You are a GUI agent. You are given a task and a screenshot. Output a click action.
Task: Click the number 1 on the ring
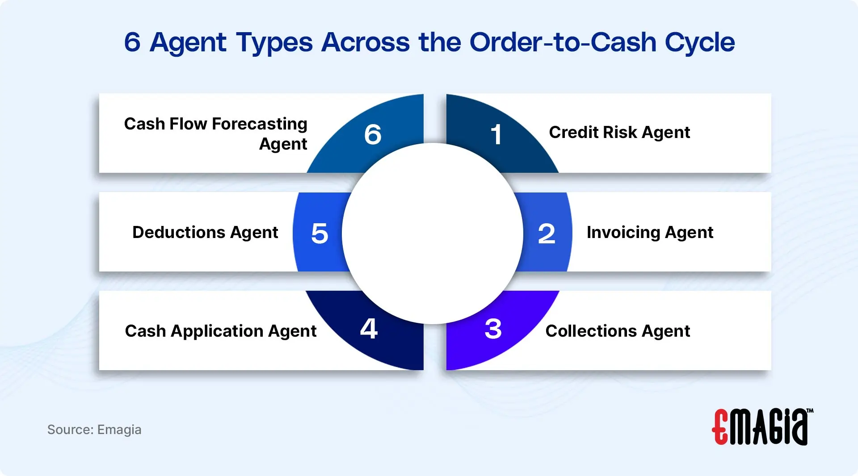[496, 134]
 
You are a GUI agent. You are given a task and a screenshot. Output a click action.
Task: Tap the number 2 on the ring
[547, 234]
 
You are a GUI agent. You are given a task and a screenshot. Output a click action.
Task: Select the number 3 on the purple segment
[493, 329]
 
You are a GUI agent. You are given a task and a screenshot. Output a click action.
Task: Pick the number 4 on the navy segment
[369, 329]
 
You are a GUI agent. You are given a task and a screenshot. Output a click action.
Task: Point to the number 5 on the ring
[320, 234]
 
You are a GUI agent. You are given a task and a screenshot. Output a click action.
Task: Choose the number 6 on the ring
[373, 134]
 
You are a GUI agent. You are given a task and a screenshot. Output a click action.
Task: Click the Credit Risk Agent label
[619, 133]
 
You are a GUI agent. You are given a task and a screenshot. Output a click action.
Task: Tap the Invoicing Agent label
[650, 233]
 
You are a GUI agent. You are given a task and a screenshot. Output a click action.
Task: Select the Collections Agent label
[618, 331]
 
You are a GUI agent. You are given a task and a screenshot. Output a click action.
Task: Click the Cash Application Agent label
[221, 331]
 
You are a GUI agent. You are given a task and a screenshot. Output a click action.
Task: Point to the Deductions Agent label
[205, 233]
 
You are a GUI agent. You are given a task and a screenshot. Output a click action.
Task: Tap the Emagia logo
[762, 427]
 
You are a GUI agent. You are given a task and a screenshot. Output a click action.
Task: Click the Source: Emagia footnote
[94, 430]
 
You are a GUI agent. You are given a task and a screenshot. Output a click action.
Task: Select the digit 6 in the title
[132, 42]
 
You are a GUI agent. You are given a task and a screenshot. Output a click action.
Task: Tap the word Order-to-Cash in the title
[563, 42]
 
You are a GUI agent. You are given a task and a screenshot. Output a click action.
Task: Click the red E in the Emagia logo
[720, 427]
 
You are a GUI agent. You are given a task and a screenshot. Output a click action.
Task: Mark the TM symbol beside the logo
[810, 411]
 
